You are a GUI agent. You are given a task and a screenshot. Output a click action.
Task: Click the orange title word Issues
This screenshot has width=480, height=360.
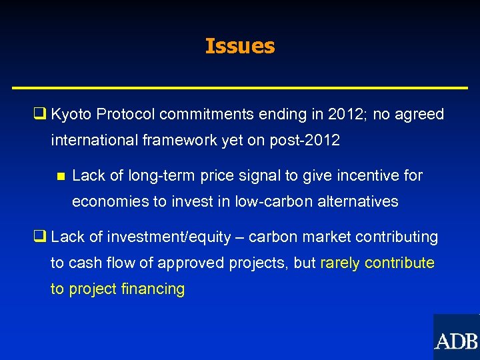pyautogui.click(x=240, y=46)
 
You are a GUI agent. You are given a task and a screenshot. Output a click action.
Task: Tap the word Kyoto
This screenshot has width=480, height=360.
pyautogui.click(x=71, y=115)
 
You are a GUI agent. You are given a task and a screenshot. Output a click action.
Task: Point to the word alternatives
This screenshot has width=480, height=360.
pyautogui.click(x=357, y=202)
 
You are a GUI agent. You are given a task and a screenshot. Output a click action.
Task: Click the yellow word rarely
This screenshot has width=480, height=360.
pyautogui.click(x=340, y=263)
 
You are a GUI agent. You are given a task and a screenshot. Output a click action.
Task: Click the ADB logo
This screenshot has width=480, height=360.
pyautogui.click(x=456, y=337)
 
